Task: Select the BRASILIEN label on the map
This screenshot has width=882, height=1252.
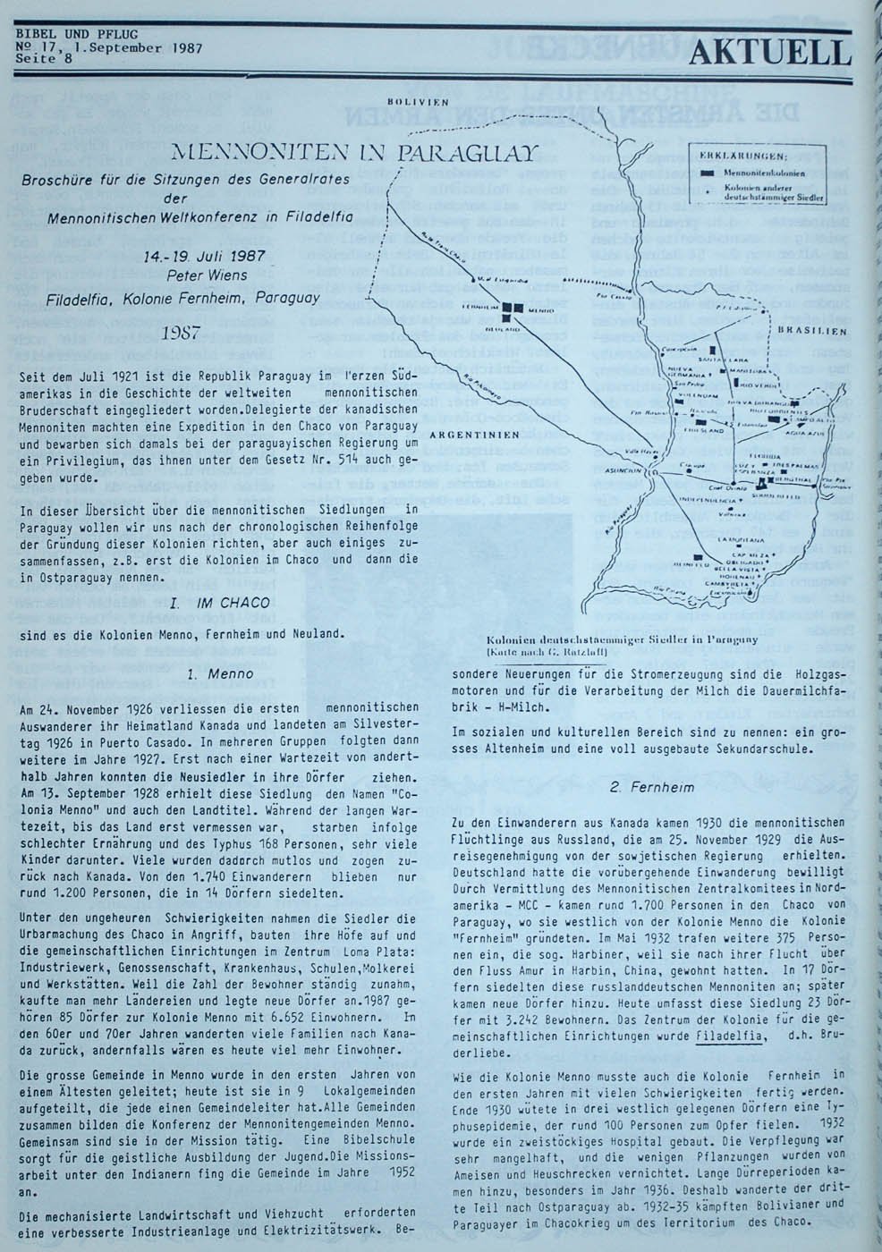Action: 812,330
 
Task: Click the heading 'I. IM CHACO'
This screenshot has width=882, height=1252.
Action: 219,604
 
